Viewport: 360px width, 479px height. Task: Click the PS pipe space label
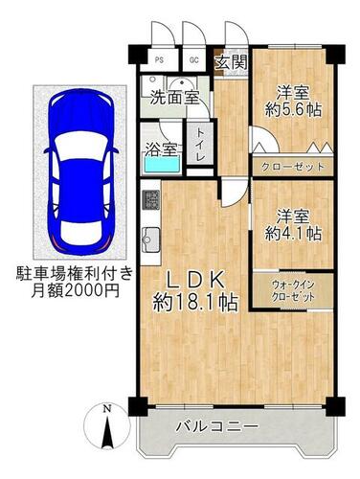coord(159,60)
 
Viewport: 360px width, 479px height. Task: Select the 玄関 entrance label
coord(232,62)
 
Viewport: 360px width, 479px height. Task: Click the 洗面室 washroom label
coord(175,98)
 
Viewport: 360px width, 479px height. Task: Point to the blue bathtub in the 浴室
coord(162,165)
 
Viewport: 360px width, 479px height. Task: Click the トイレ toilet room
coord(200,145)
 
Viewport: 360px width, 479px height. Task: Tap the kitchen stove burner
coord(151,200)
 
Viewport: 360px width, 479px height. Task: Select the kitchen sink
coord(151,239)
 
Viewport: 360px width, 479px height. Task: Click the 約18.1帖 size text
coord(195,303)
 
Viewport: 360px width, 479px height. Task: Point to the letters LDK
coord(195,281)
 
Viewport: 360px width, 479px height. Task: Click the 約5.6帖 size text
coord(293,110)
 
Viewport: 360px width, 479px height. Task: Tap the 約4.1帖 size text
coord(293,234)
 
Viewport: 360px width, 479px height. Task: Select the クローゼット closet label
coord(292,167)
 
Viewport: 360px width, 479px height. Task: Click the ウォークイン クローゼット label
coord(293,290)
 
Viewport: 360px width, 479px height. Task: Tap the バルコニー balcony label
coord(217,426)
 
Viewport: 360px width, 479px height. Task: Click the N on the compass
coord(107,408)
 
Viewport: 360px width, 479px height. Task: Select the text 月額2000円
coord(76,290)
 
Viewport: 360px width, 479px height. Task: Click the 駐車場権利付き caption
coord(75,274)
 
